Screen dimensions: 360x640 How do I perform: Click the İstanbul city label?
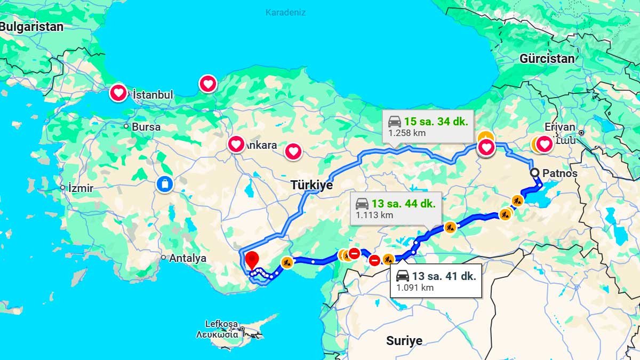pos(153,94)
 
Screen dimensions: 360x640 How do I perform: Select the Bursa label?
pos(146,127)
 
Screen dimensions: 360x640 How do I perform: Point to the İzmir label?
pos(81,188)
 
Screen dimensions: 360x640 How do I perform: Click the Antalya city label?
pos(187,258)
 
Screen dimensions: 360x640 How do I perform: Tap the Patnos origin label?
pos(559,173)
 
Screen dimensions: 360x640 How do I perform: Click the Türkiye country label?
pos(311,185)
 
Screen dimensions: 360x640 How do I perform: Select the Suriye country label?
pos(404,340)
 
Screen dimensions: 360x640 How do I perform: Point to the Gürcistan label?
pos(547,59)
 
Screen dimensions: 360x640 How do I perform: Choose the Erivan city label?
pos(560,127)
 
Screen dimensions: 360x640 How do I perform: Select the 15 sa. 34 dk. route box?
pos(428,126)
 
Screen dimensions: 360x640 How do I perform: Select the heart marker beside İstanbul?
pos(118,93)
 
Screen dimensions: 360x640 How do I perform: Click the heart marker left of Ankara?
pos(236,144)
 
